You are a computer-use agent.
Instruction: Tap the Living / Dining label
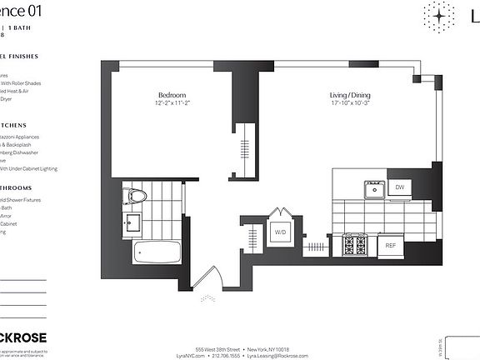click(x=349, y=95)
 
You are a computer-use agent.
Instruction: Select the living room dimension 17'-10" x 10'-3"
click(x=349, y=103)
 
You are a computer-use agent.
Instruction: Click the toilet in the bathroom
click(x=134, y=197)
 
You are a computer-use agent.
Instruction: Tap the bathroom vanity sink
click(x=132, y=222)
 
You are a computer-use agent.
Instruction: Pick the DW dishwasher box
click(x=400, y=188)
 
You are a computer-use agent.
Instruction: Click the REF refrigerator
click(x=391, y=246)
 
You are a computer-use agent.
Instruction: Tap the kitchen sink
click(x=374, y=190)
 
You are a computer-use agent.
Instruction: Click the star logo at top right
click(x=438, y=16)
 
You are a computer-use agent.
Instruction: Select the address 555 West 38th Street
click(x=218, y=348)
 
